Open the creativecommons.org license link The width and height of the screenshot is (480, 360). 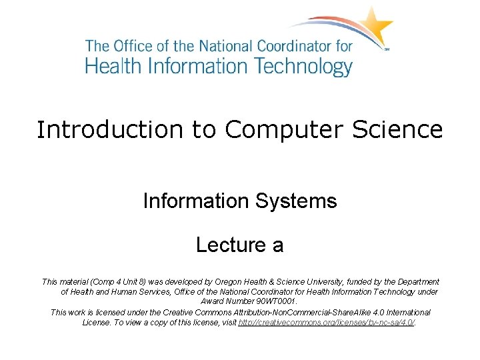click(x=327, y=322)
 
